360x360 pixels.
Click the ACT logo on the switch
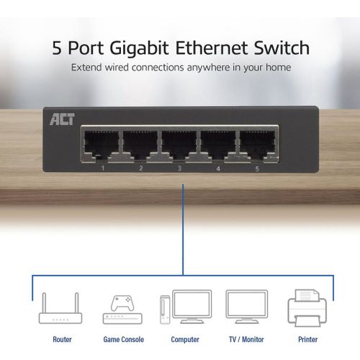[x=62, y=120]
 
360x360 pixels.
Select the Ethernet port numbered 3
[x=179, y=145]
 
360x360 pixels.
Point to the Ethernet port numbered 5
[x=257, y=145]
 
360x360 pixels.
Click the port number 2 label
[x=141, y=168]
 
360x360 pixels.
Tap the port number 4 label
[x=218, y=168]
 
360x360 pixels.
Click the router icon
[x=60, y=308]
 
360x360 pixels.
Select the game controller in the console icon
[x=122, y=303]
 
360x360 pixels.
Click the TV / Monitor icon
[x=247, y=307]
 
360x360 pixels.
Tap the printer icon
[x=307, y=308]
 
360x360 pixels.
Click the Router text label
[x=62, y=339]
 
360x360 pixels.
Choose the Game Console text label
[x=124, y=339]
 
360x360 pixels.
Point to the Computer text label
[x=185, y=340]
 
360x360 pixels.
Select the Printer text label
[x=307, y=339]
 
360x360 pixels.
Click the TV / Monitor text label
[x=246, y=339]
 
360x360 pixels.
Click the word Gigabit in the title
[x=139, y=48]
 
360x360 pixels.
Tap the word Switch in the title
[x=282, y=48]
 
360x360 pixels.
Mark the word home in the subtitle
[x=279, y=67]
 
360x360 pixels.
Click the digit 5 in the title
[x=57, y=48]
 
